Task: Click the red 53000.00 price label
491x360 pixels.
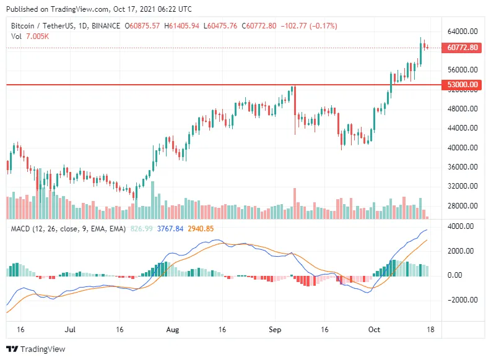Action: coord(461,85)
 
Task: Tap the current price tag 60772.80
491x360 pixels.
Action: coord(461,48)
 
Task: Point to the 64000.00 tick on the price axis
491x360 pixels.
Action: coord(463,32)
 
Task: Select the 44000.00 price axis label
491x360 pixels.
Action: coord(463,128)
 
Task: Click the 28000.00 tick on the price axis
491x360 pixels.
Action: coord(463,206)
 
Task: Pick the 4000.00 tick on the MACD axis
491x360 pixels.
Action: coord(460,226)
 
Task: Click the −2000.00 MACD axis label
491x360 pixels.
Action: coord(463,299)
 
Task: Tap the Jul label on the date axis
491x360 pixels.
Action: coord(70,330)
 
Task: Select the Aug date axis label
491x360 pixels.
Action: coord(173,330)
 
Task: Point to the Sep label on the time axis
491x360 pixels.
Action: coord(275,330)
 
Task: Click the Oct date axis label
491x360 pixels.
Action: coord(374,330)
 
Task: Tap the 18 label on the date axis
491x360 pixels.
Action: coord(430,330)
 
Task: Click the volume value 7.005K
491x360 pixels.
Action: coord(37,36)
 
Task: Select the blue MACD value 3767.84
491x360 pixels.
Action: coord(170,229)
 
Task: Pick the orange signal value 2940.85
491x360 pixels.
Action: coord(201,229)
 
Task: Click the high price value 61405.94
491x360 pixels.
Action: coord(184,26)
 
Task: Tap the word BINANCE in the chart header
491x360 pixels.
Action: coord(106,26)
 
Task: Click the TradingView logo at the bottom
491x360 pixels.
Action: coord(36,349)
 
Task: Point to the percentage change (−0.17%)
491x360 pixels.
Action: coord(323,26)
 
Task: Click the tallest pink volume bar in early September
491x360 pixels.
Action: coord(295,204)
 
